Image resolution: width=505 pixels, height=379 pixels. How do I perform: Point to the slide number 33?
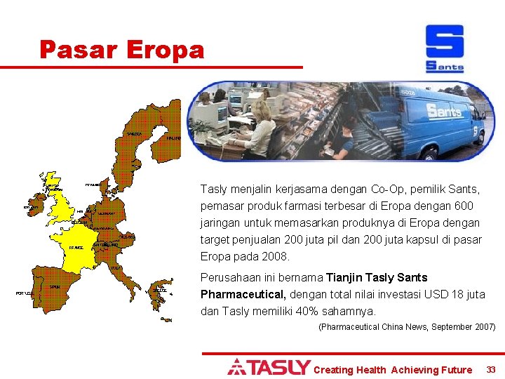(x=491, y=369)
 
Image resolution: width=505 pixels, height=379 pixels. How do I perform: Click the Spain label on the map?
(x=55, y=286)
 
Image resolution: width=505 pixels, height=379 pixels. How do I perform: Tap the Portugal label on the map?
(x=23, y=293)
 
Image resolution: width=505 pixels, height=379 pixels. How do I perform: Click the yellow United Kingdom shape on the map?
(x=62, y=204)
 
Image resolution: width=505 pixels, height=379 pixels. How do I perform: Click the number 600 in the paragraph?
(x=464, y=206)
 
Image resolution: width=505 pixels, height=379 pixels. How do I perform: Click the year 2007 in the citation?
(x=483, y=327)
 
